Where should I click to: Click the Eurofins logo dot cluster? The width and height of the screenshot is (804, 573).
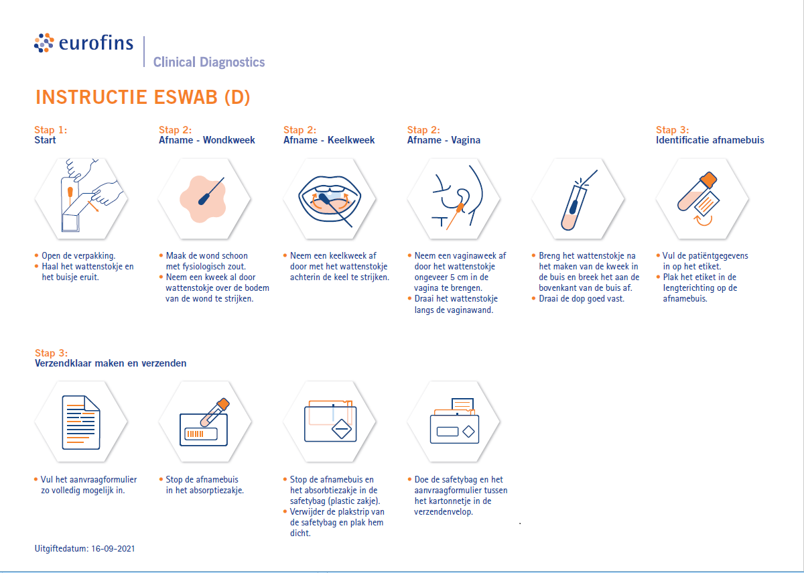(44, 43)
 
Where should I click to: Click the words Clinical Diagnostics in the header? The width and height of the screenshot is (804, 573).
(209, 62)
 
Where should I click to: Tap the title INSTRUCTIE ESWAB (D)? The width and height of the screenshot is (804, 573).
(143, 97)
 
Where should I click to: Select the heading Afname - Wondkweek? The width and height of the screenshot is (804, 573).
(206, 140)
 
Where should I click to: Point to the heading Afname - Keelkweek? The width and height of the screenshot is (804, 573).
(329, 140)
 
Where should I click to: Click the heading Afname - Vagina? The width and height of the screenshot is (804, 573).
(444, 140)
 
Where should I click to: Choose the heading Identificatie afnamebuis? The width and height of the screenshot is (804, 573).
(710, 140)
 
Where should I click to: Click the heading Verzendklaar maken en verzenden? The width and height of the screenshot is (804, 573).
(111, 363)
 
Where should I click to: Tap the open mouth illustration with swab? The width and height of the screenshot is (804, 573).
(329, 198)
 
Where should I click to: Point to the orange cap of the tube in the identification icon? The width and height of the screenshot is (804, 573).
(708, 180)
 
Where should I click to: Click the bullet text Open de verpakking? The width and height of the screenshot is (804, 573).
(78, 255)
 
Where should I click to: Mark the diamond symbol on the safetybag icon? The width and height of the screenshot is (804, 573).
(342, 427)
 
